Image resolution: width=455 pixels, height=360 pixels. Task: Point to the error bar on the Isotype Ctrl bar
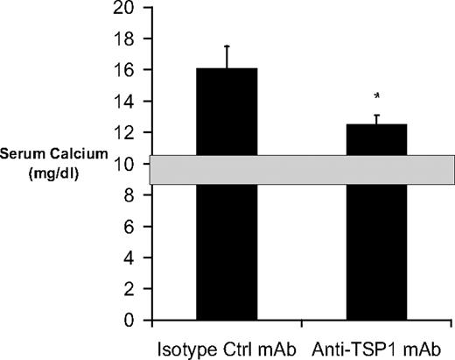pyautogui.click(x=227, y=56)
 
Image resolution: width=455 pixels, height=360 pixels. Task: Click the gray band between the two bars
pyautogui.click(x=302, y=170)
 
